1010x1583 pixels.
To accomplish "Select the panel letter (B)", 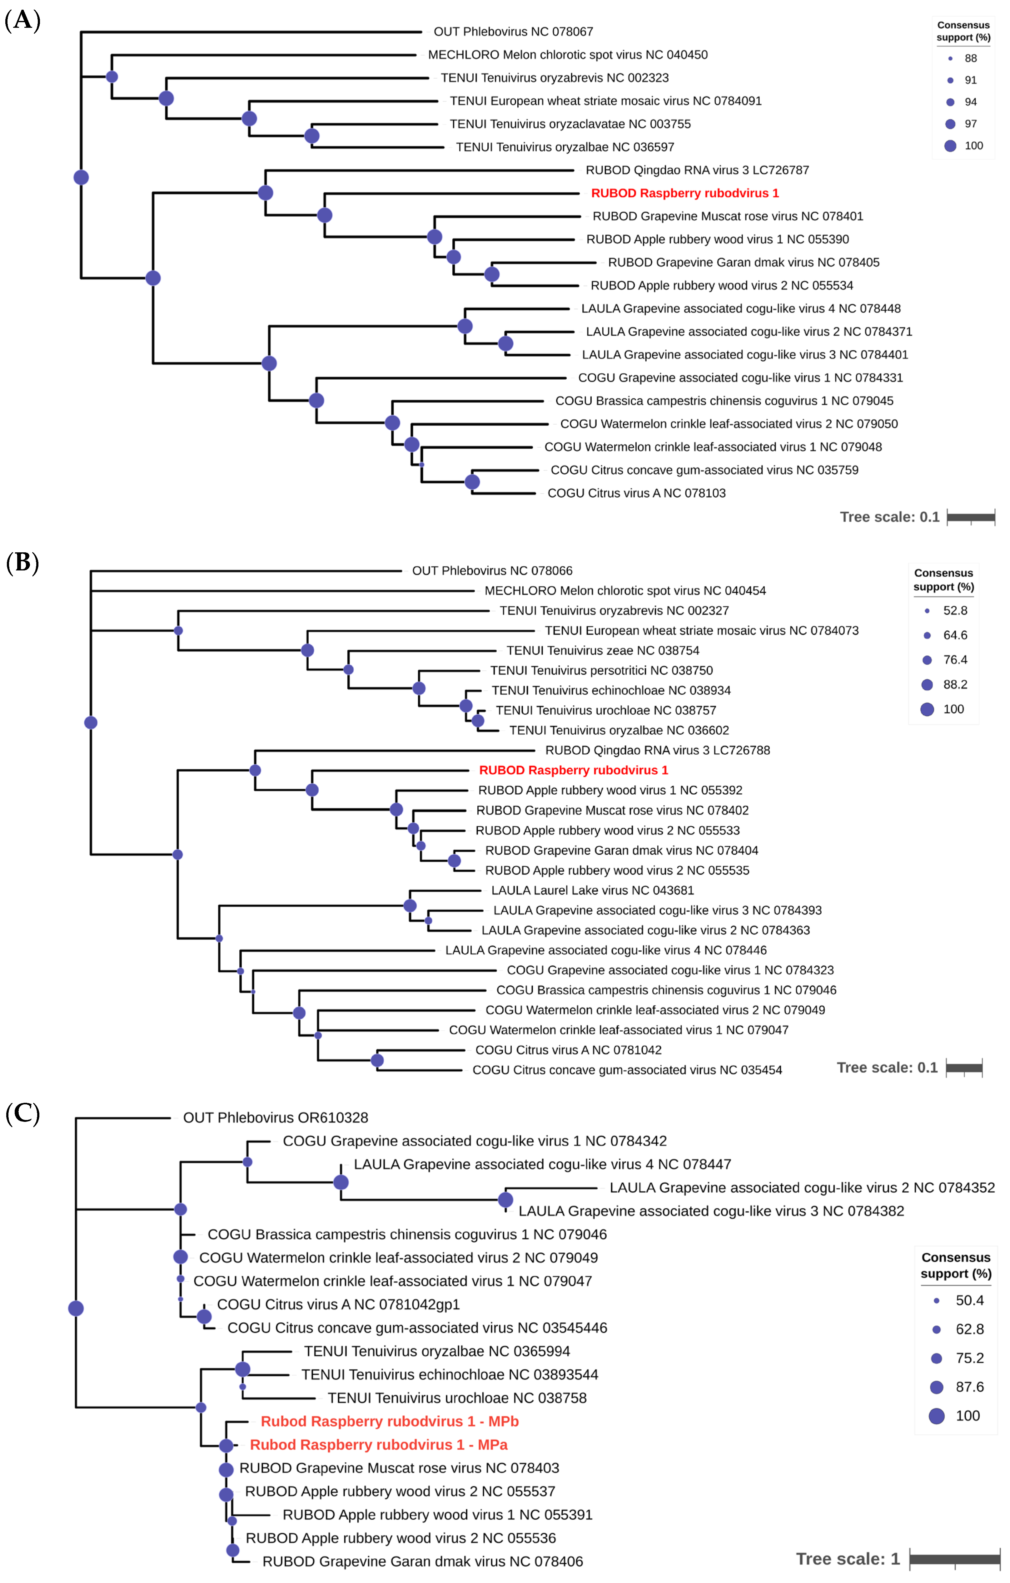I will pyautogui.click(x=22, y=563).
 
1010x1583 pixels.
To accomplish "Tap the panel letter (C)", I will pyautogui.click(x=22, y=1114).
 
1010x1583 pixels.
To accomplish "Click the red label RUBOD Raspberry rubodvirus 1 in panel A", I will pyautogui.click(x=684, y=193).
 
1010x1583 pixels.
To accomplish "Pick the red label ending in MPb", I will pyautogui.click(x=389, y=1421).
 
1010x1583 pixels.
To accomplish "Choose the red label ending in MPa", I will pyautogui.click(x=379, y=1445).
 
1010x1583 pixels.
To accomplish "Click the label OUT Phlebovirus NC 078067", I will pyautogui.click(x=513, y=32).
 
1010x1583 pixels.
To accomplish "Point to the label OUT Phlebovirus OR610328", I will pyautogui.click(x=276, y=1117).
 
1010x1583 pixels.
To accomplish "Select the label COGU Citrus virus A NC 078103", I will pyautogui.click(x=636, y=493).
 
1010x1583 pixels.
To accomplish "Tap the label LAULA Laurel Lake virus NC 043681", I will pyautogui.click(x=592, y=890).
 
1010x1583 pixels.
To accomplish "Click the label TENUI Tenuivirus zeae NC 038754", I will pyautogui.click(x=602, y=650).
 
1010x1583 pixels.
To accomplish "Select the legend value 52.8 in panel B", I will pyautogui.click(x=955, y=611).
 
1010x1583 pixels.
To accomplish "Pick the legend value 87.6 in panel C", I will pyautogui.click(x=969, y=1387).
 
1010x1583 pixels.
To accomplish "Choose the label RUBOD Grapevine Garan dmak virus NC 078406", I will pyautogui.click(x=422, y=1561).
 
